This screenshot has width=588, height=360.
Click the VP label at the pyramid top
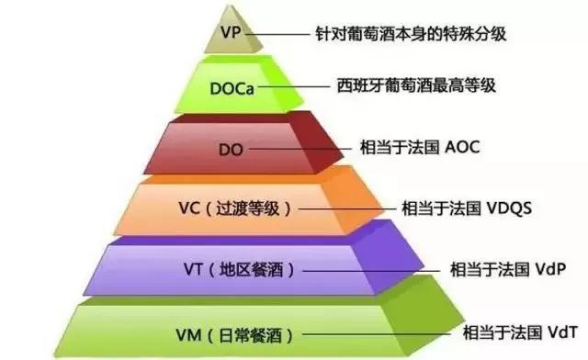(x=232, y=34)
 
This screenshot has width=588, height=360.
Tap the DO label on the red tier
(x=230, y=147)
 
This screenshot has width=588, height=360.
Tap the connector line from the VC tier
(x=345, y=208)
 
